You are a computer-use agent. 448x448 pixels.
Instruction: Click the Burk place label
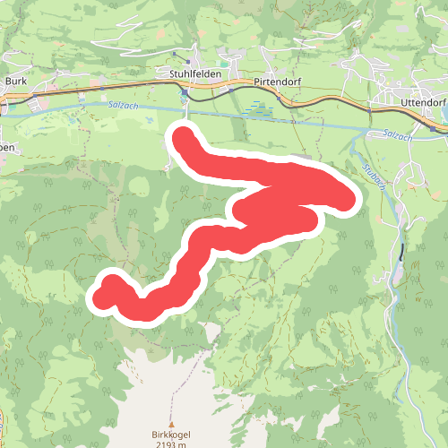pos(17,80)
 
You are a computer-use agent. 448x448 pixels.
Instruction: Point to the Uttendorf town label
pos(418,102)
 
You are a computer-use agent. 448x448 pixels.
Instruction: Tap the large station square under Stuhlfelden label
pos(185,92)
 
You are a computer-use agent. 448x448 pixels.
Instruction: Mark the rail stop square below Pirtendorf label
pos(280,97)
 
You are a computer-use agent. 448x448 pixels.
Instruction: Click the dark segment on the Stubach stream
pos(402,252)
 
